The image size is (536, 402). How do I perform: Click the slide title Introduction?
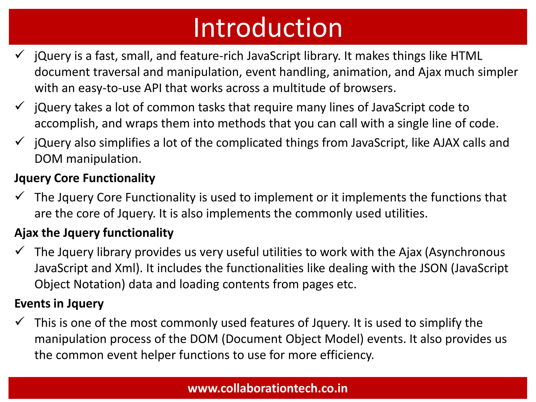pyautogui.click(x=268, y=28)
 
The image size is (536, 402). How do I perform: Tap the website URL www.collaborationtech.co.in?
pyautogui.click(x=268, y=388)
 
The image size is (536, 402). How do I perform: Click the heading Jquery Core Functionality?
pyautogui.click(x=85, y=178)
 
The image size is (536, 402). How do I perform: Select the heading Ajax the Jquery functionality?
pyautogui.click(x=94, y=233)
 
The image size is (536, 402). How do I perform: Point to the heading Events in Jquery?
pyautogui.click(x=59, y=304)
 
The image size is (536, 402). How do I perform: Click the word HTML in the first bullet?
pyautogui.click(x=466, y=56)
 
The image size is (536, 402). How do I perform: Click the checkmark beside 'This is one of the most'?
pyautogui.click(x=20, y=321)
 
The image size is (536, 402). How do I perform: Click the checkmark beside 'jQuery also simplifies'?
pyautogui.click(x=20, y=141)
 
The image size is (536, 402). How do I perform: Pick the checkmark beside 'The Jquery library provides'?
pyautogui.click(x=20, y=250)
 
